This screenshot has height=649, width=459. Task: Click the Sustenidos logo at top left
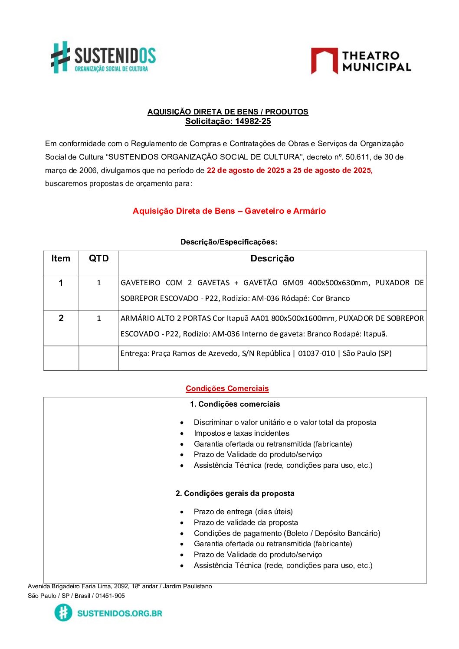[x=103, y=58]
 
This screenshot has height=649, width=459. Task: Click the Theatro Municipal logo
[x=361, y=61]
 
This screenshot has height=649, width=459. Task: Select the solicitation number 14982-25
[x=253, y=121]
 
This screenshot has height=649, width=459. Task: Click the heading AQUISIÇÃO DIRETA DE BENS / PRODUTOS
[x=228, y=112]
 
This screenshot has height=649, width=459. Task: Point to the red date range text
[x=289, y=170]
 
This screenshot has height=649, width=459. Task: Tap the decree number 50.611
[x=356, y=157]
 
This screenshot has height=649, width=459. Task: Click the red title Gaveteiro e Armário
[x=285, y=211]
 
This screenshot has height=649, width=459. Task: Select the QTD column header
[x=98, y=259]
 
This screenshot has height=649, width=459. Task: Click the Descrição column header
[x=272, y=259]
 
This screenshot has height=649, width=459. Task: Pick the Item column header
[x=61, y=259]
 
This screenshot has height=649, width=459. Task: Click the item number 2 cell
[x=61, y=318]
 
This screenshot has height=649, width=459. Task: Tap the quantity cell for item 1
[x=98, y=283]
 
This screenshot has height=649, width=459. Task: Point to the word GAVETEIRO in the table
[x=140, y=283]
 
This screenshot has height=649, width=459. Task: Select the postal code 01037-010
[x=316, y=354]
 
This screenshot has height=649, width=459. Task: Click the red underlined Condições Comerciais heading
[x=227, y=388]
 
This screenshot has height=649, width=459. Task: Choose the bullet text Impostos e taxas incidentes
[x=241, y=433]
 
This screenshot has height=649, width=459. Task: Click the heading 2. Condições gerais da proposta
[x=235, y=493]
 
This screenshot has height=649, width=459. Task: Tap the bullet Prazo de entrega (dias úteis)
[x=243, y=512]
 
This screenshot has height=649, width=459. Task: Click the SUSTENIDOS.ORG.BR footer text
[x=119, y=613]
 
